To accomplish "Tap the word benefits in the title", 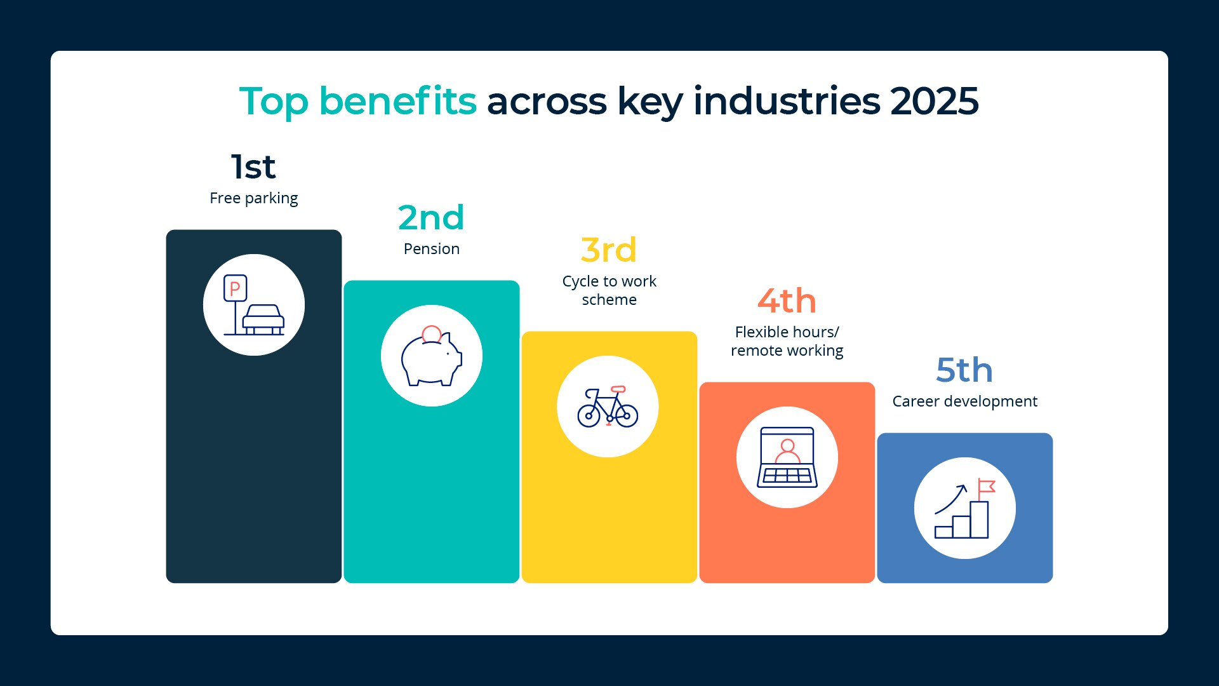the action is click(397, 101).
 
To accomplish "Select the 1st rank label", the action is click(253, 167).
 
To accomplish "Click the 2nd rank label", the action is click(431, 218).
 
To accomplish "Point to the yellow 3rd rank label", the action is click(609, 250).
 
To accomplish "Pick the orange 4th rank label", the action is click(787, 300).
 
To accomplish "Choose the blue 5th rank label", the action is click(964, 370).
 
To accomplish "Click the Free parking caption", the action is click(254, 198).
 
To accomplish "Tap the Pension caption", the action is click(432, 248).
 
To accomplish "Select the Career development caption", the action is click(965, 401).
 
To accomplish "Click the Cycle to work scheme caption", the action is click(609, 290).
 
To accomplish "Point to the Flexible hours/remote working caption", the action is click(787, 341).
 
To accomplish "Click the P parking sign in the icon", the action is click(235, 288).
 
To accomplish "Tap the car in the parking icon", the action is click(263, 319).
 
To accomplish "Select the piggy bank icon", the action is click(432, 359).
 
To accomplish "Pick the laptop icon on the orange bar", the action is click(787, 457).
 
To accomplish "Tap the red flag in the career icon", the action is click(987, 487).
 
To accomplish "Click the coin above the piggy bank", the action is click(432, 334).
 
